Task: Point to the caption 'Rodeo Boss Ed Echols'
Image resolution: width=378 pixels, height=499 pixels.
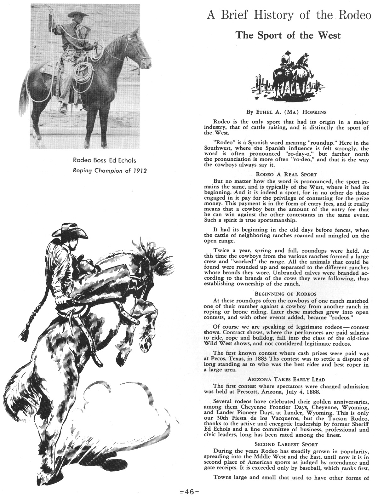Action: point(105,160)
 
